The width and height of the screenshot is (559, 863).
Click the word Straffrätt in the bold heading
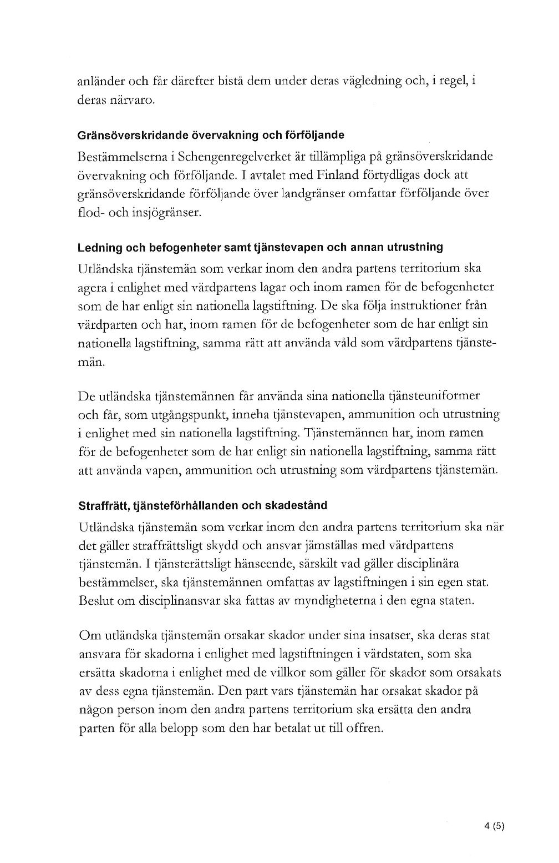(100, 506)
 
